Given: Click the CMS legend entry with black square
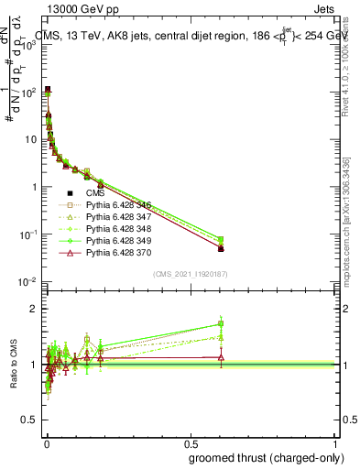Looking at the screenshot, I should [x=95, y=194].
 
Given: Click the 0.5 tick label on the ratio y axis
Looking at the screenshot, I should [x=33, y=420].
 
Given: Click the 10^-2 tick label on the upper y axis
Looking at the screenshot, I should [x=29, y=282].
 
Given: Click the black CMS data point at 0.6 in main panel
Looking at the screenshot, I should [x=221, y=248].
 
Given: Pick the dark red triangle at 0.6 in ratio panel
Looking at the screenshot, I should [x=221, y=357].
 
